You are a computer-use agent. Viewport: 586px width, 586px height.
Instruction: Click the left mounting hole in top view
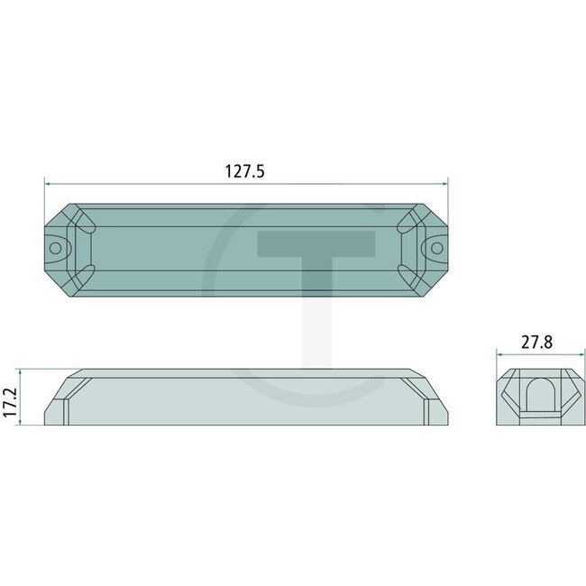tap(56, 245)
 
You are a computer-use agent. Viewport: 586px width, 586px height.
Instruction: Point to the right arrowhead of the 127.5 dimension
tap(448, 184)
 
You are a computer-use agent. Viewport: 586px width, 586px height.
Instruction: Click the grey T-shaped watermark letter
tap(315, 270)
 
